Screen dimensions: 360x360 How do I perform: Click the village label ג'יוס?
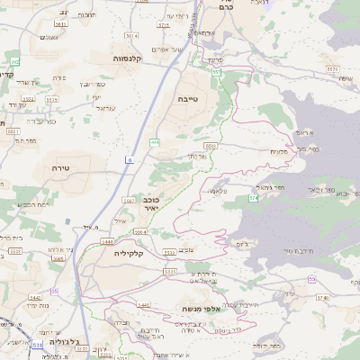pyautogui.click(x=240, y=244)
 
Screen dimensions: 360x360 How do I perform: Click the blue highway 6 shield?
pyautogui.click(x=130, y=159)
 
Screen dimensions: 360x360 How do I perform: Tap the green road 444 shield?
pyautogui.click(x=156, y=141)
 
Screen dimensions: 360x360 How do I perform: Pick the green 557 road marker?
pyautogui.click(x=217, y=72)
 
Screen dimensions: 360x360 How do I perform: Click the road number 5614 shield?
pyautogui.click(x=131, y=36)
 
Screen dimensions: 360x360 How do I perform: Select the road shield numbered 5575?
pyautogui.click(x=333, y=68)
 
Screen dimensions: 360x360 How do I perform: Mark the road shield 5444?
pyautogui.click(x=107, y=242)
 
